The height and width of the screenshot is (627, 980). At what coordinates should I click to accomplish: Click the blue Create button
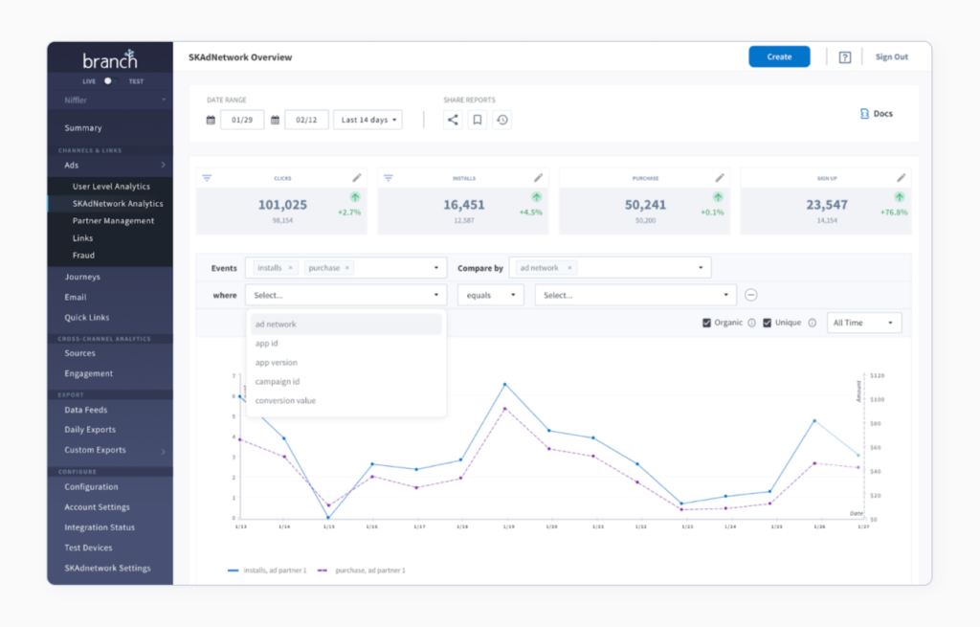coord(779,56)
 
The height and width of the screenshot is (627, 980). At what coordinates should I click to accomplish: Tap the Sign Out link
coord(891,56)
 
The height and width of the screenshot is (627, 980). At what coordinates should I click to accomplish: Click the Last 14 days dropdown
coord(367,120)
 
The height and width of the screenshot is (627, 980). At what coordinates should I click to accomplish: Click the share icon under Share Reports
coord(453,120)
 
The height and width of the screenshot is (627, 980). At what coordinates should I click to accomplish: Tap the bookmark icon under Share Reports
coord(478,120)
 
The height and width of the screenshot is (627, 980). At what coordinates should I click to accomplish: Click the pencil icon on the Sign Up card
coord(901,177)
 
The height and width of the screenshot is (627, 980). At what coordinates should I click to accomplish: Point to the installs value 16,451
coord(463,205)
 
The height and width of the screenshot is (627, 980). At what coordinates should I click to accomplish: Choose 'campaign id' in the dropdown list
coord(278,381)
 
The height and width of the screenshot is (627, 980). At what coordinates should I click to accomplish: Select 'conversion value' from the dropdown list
coord(285,400)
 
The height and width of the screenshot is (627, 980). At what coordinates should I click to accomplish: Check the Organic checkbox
coord(707,323)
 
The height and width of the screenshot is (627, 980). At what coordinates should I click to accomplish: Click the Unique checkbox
coord(768,323)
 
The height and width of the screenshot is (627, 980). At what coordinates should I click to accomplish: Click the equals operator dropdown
coord(490,296)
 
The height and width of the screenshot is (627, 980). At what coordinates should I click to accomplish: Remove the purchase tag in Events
coord(347,268)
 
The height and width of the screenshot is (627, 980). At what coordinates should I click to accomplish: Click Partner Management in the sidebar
coord(113,220)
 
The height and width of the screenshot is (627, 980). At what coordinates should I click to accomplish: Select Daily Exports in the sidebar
coord(90,430)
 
